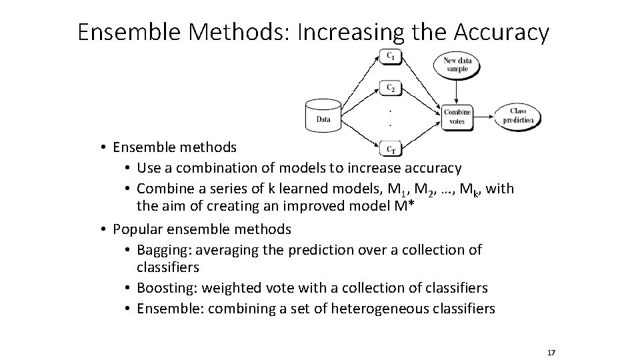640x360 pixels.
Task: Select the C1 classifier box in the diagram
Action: pos(391,57)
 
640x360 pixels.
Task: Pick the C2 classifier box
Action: pos(391,88)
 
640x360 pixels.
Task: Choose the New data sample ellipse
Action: pos(457,65)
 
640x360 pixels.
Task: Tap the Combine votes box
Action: pos(457,116)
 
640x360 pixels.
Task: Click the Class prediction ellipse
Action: pos(518,116)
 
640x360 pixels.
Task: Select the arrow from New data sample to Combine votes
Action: pos(457,91)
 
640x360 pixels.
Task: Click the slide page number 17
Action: pos(551,352)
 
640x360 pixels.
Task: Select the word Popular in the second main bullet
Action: pos(137,230)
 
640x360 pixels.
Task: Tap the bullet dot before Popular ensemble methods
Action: pos(105,230)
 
